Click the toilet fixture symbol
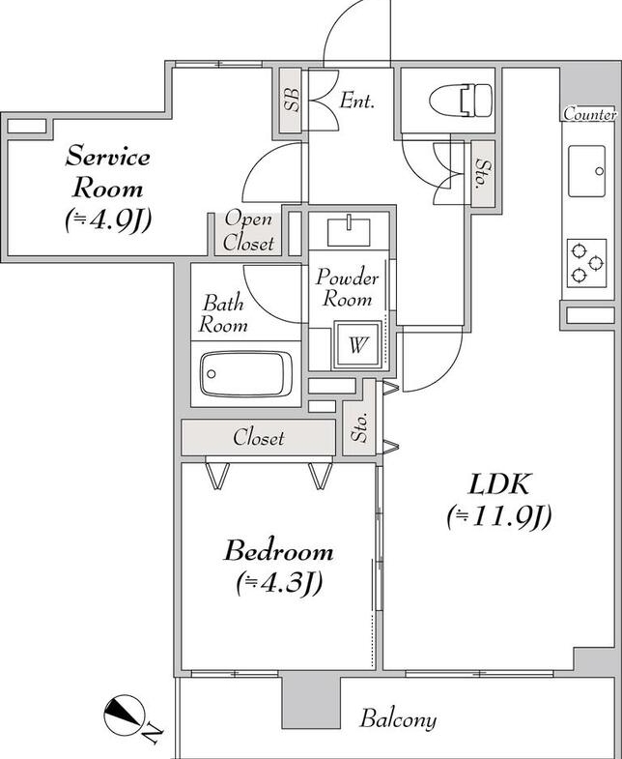tap(461, 101)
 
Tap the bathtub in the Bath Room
tap(246, 373)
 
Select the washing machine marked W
tap(357, 344)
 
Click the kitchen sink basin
tap(586, 171)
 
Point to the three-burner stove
tap(586, 263)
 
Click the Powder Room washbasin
tap(349, 232)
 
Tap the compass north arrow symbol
tap(125, 715)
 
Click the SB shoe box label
tap(292, 101)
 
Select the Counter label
tap(590, 115)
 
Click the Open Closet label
tap(248, 231)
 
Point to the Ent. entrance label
tap(357, 101)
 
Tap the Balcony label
tap(398, 718)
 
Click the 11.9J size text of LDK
tap(499, 517)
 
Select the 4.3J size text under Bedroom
tap(279, 584)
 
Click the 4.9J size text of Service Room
tap(108, 220)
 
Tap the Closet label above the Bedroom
tap(259, 438)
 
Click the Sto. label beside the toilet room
tap(482, 173)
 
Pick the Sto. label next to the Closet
tap(360, 427)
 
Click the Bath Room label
tap(223, 313)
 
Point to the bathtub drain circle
tap(211, 373)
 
